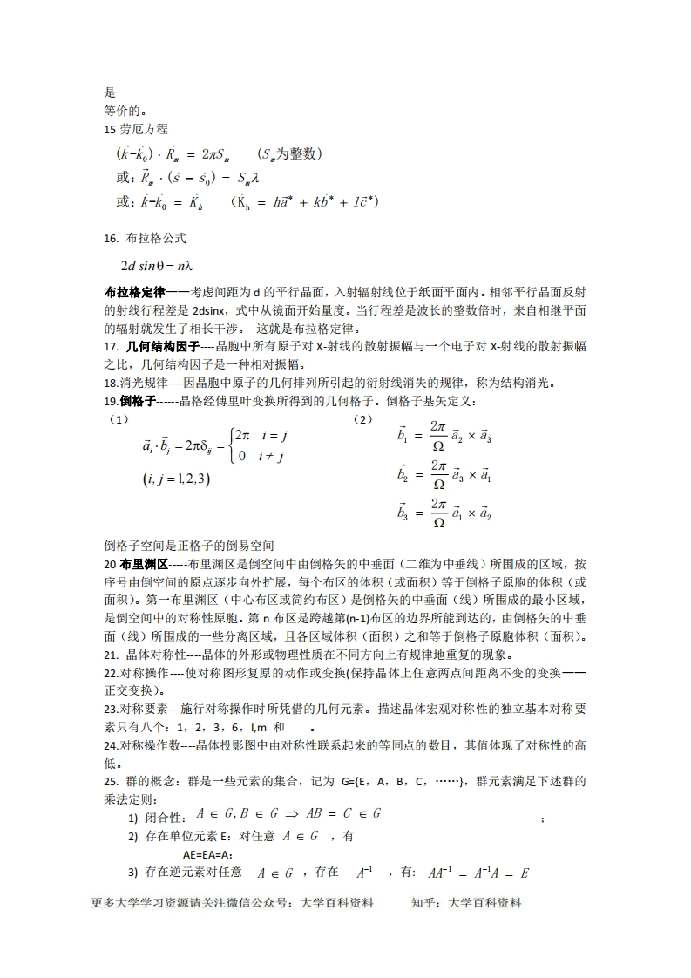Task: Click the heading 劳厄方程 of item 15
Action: coord(139,129)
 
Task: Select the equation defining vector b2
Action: coord(444,476)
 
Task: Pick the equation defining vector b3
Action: coord(444,513)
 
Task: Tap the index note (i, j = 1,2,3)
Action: coord(174,479)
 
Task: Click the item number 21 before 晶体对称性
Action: coord(111,655)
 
